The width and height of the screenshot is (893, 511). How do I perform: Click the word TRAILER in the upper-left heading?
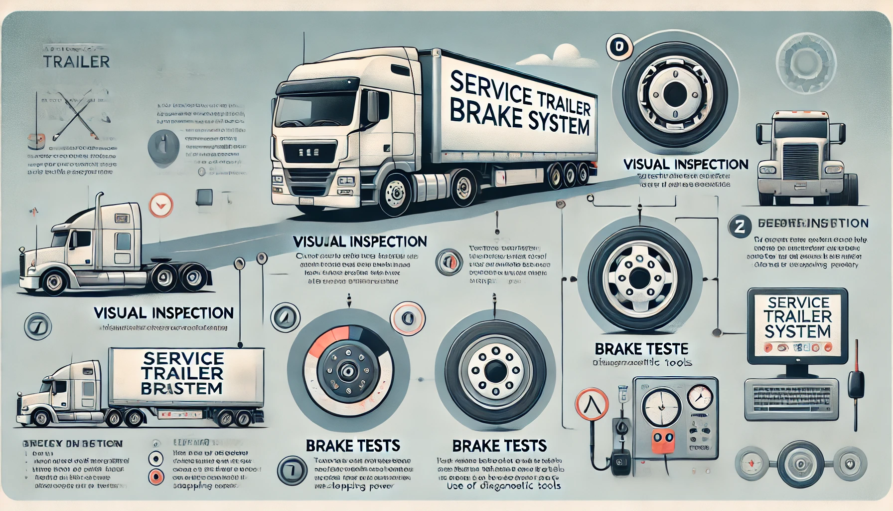pyautogui.click(x=76, y=62)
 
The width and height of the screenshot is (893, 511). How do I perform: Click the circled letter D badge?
pyautogui.click(x=619, y=48)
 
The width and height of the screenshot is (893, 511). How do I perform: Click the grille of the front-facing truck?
pyautogui.click(x=800, y=160)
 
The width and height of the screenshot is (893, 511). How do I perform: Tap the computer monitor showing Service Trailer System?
pyautogui.click(x=797, y=324)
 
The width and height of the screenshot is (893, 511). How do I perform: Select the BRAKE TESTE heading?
pyautogui.click(x=642, y=348)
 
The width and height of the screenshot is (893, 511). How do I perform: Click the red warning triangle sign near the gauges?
pyautogui.click(x=592, y=402)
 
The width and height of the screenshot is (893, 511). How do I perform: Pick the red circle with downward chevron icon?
pyautogui.click(x=161, y=205)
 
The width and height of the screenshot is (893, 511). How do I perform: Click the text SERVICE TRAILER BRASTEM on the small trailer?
pyautogui.click(x=182, y=373)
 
